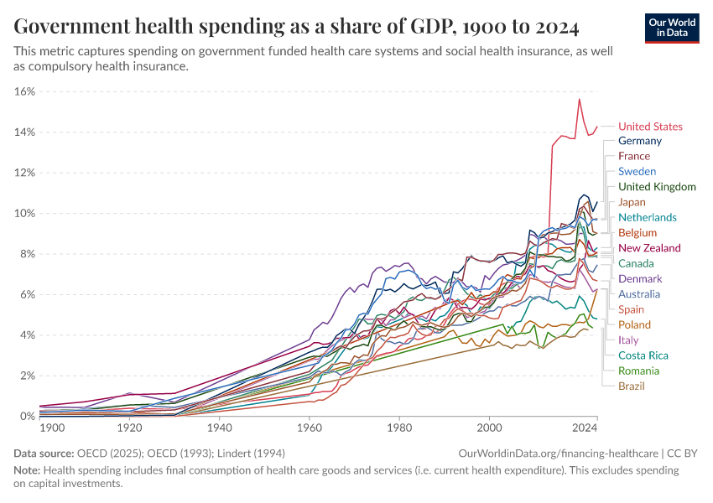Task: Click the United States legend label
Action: click(650, 127)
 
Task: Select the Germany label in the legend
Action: click(640, 141)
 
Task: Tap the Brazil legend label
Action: click(633, 386)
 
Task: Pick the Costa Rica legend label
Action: click(643, 355)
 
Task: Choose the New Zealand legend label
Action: click(649, 248)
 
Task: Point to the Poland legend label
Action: click(635, 324)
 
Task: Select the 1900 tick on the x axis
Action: click(52, 428)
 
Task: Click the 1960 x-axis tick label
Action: click(310, 428)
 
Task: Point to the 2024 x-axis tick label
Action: click(585, 428)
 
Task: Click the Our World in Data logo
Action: click(672, 28)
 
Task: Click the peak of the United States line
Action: click(579, 100)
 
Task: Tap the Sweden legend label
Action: click(638, 172)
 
